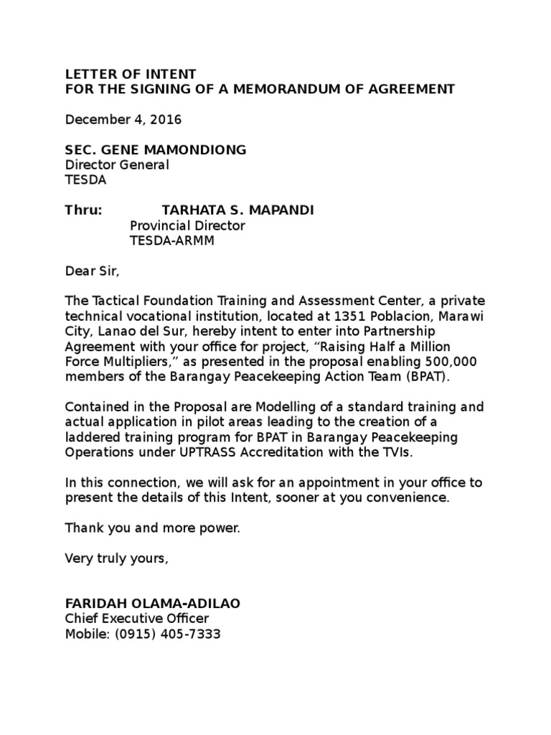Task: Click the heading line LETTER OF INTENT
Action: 129,74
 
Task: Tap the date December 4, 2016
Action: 123,119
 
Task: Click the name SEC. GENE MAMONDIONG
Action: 156,149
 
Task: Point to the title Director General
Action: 117,165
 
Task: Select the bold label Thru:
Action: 84,210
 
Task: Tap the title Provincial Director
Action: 187,225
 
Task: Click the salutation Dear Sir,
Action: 90,271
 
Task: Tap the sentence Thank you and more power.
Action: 153,528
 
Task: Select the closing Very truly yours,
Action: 117,558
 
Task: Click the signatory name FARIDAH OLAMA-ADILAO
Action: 153,604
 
